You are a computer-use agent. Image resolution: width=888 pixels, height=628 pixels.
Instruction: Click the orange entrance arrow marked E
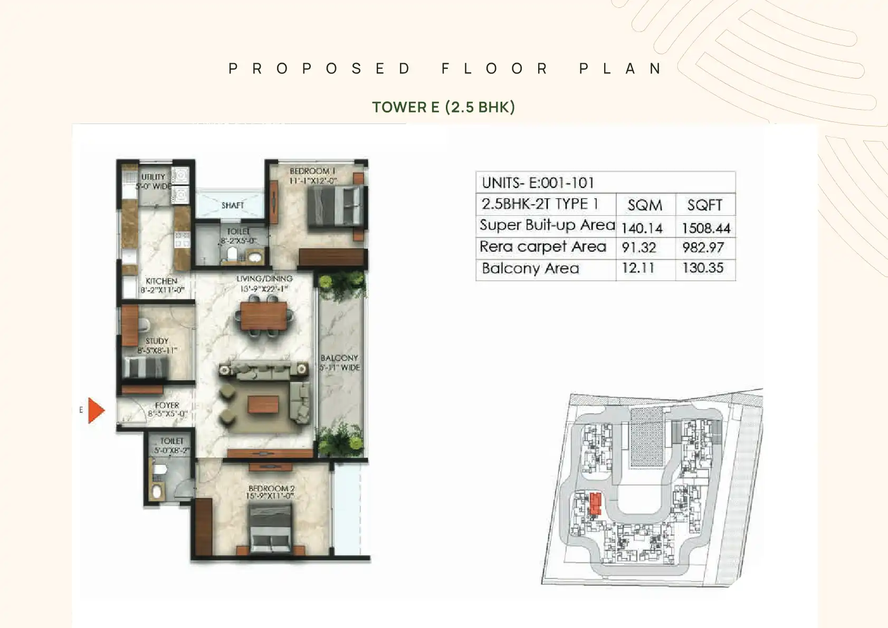pyautogui.click(x=96, y=411)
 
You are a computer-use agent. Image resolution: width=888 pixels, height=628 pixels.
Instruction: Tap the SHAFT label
pyautogui.click(x=233, y=205)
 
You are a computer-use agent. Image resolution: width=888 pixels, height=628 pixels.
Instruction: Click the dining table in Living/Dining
pyautogui.click(x=263, y=316)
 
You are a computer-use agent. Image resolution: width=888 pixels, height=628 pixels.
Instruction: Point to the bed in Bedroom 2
pyautogui.click(x=270, y=529)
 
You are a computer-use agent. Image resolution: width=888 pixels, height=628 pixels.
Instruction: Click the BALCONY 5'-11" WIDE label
pyautogui.click(x=340, y=363)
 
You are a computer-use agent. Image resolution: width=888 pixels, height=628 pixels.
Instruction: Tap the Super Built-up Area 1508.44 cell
pyautogui.click(x=705, y=228)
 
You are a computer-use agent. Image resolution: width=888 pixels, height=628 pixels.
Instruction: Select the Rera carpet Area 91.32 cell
pyautogui.click(x=638, y=248)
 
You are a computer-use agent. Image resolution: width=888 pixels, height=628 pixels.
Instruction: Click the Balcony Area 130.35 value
pyautogui.click(x=703, y=268)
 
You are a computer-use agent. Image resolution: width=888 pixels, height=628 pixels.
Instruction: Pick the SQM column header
pyautogui.click(x=645, y=205)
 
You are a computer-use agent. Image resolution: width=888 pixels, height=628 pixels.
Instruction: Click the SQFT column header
pyautogui.click(x=705, y=205)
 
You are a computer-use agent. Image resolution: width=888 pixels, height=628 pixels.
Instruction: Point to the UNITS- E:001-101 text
pyautogui.click(x=538, y=183)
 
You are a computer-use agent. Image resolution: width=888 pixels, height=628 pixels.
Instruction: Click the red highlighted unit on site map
pyautogui.click(x=595, y=503)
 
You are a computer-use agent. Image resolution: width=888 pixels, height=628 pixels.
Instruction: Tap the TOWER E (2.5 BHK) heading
pyautogui.click(x=443, y=107)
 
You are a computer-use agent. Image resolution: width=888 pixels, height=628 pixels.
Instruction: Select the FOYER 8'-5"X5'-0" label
pyautogui.click(x=167, y=410)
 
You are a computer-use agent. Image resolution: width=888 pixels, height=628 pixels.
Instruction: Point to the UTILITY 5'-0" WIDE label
pyautogui.click(x=153, y=181)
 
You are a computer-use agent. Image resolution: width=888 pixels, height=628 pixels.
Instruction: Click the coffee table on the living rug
pyautogui.click(x=263, y=405)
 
